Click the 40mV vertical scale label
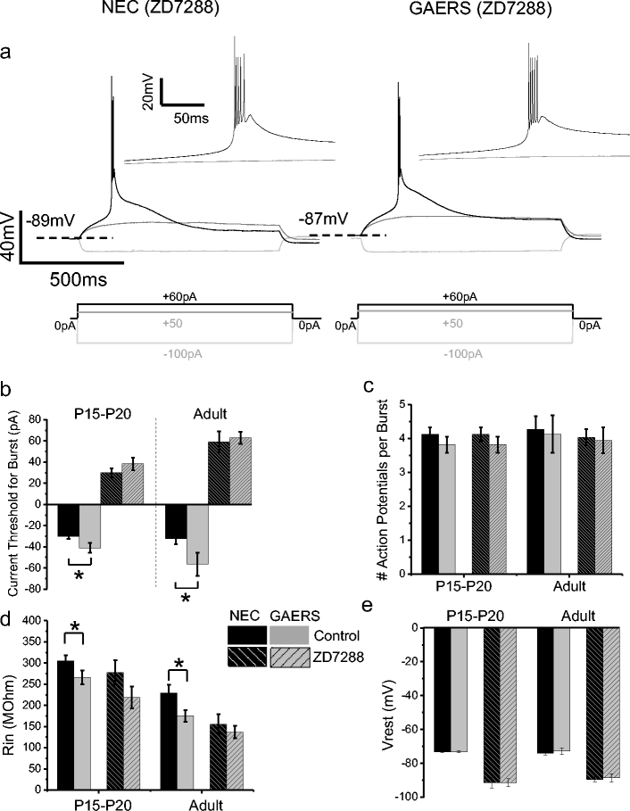pyautogui.click(x=10, y=239)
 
